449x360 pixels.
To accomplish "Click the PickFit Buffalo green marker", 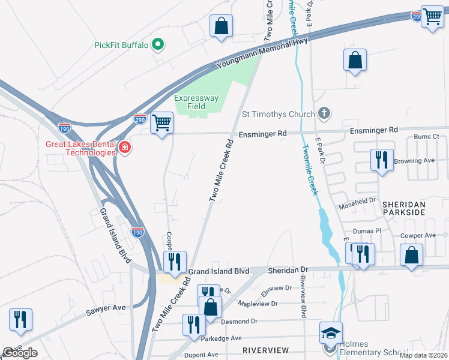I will (158, 44).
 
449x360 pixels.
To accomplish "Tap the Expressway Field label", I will (197, 102).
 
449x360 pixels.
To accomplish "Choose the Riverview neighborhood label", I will (265, 350).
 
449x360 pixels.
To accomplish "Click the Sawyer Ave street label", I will (106, 308).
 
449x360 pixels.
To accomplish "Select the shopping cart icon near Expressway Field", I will (161, 123).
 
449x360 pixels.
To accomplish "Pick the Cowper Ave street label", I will (418, 236).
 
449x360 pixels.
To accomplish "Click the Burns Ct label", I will (427, 137).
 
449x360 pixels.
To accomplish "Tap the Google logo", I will (19, 353).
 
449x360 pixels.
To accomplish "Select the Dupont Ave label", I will (200, 355).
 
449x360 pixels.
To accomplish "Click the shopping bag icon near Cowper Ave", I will (412, 255).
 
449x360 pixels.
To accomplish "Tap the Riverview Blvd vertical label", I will (303, 299).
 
